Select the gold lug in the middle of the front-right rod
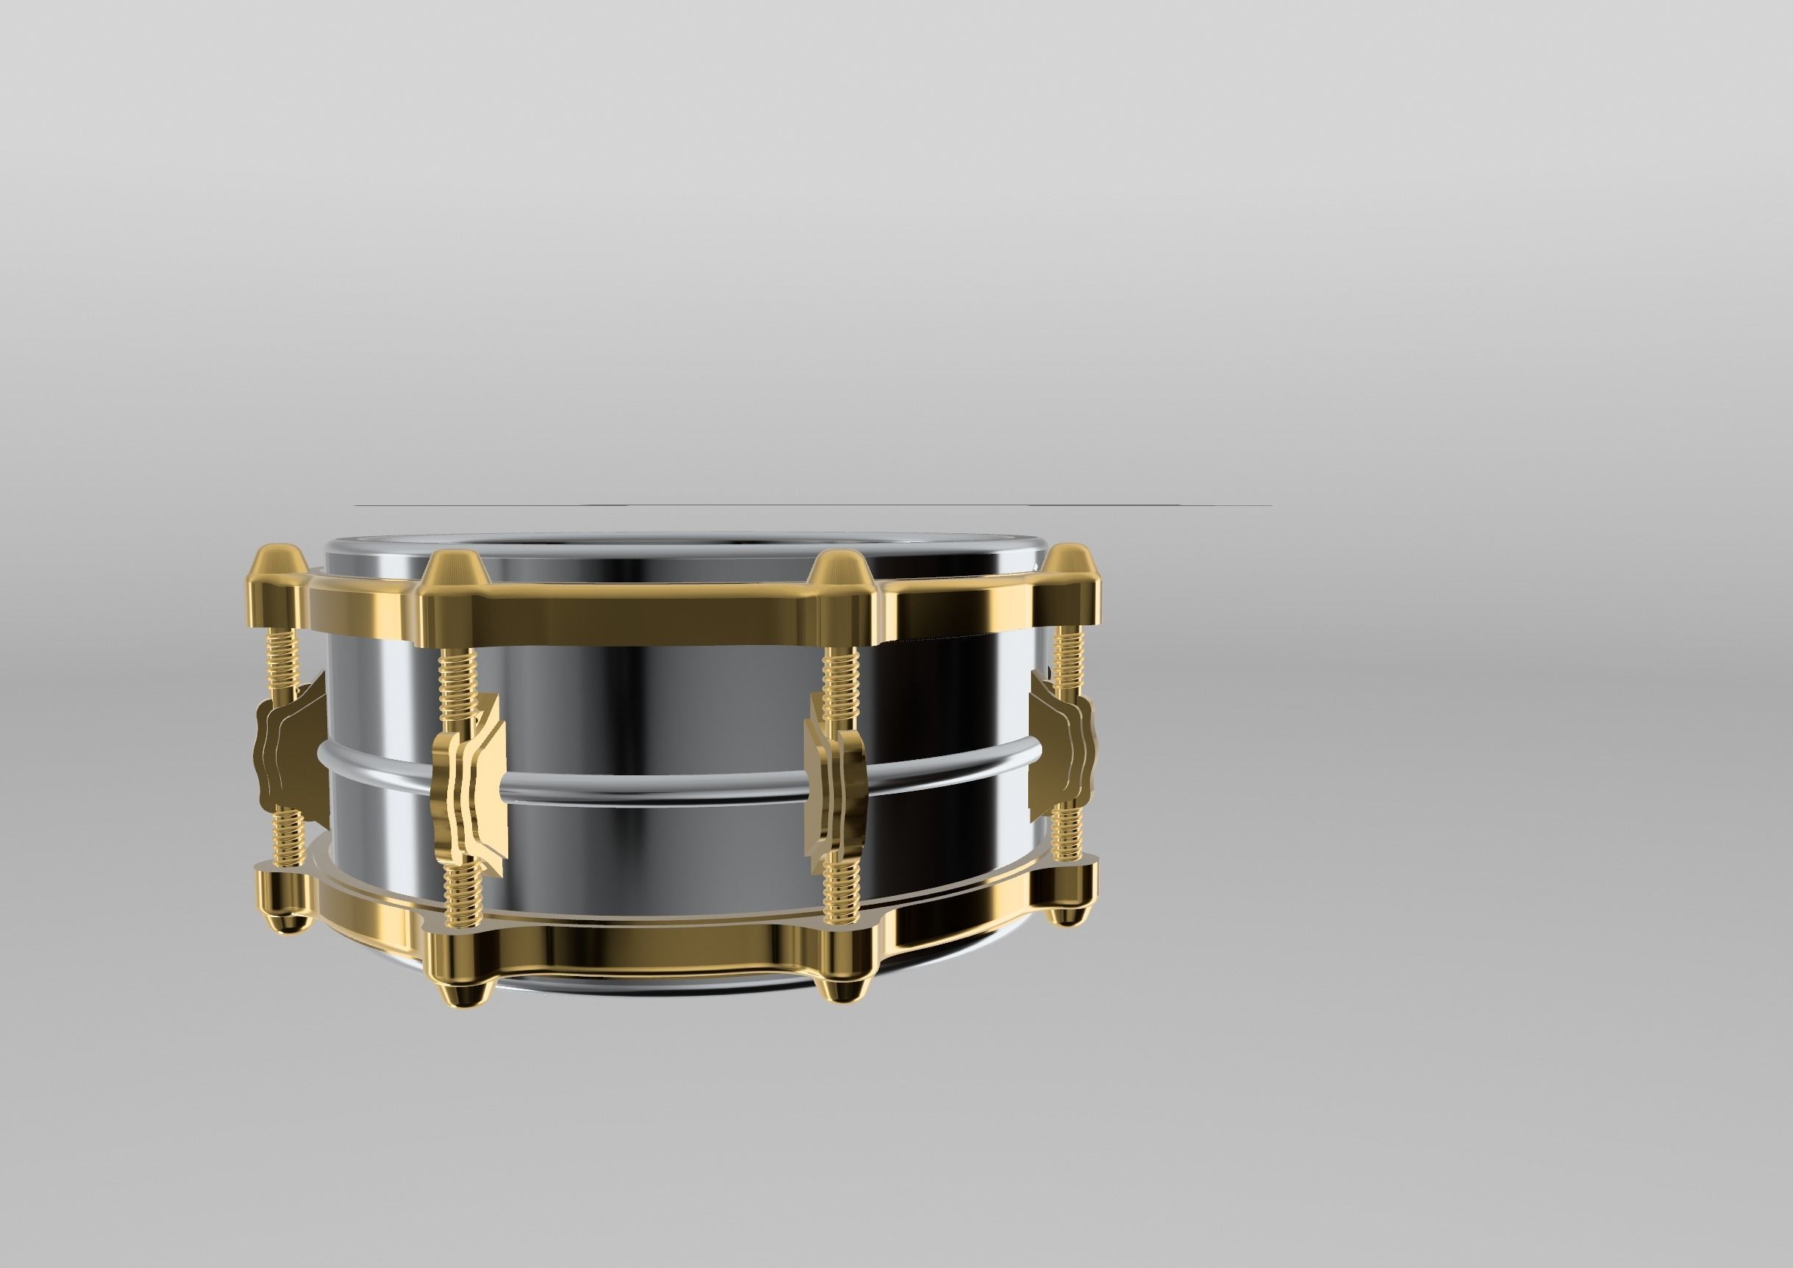click(837, 788)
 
